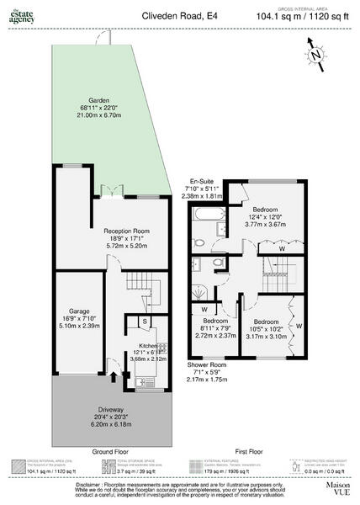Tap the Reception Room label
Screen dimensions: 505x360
pos(126,231)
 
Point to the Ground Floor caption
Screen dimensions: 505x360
pos(109,452)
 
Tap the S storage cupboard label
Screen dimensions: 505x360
pos(145,321)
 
